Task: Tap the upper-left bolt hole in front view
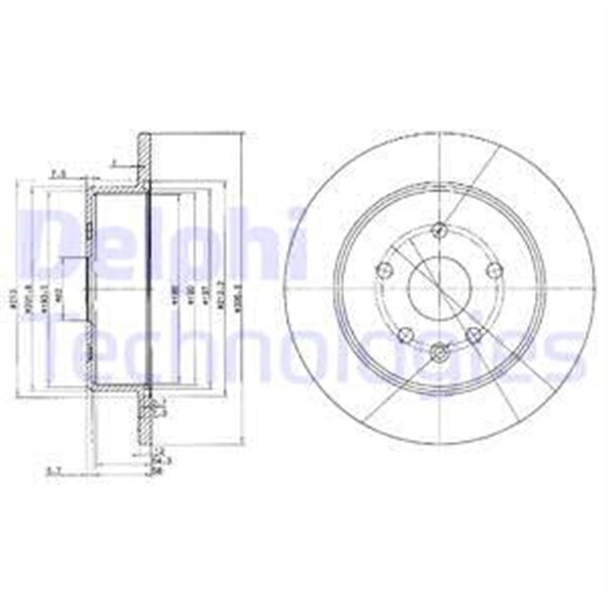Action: tap(383, 270)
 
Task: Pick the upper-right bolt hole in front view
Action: tap(491, 270)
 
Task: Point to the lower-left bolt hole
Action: tap(403, 334)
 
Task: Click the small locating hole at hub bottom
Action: tap(437, 354)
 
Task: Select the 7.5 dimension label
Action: tap(58, 173)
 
